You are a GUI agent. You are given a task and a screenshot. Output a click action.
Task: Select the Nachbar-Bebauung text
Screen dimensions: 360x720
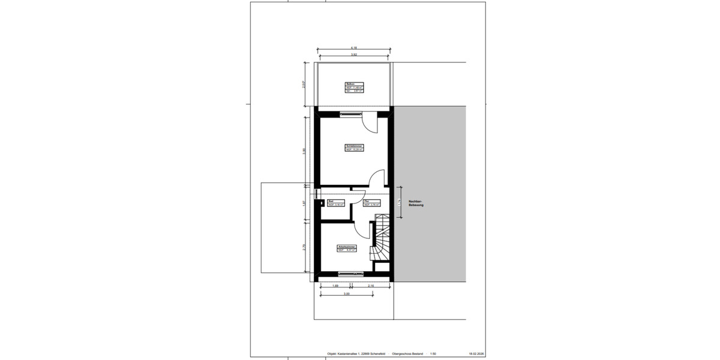pos(416,203)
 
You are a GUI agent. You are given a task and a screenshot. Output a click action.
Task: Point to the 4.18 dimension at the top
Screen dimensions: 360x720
pos(354,48)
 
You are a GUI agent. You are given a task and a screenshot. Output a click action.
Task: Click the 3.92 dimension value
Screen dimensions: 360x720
pos(354,55)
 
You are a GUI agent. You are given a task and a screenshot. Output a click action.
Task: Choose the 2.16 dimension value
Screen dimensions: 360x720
pos(371,286)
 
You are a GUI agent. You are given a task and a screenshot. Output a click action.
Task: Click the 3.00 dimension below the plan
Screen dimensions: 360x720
pos(346,294)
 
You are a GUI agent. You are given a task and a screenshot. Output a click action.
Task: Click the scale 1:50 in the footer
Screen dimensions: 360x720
pos(432,353)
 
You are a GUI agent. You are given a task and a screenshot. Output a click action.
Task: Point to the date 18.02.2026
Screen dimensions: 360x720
pos(476,353)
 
